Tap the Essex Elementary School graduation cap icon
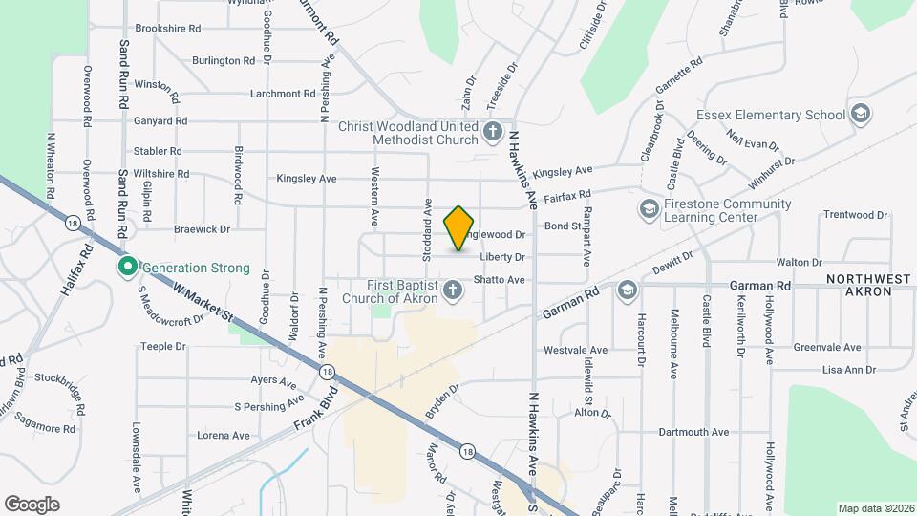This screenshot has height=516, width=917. tap(861, 115)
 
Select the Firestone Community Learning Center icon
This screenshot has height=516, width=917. tap(649, 207)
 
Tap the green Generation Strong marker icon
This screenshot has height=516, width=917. tap(125, 268)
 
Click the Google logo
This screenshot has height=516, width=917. tap(32, 504)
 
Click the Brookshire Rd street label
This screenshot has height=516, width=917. tap(167, 29)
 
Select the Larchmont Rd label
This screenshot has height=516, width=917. tap(282, 94)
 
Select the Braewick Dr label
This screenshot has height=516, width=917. tap(203, 229)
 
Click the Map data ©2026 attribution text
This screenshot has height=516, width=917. tap(875, 508)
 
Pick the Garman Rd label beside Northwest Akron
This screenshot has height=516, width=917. tap(760, 285)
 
